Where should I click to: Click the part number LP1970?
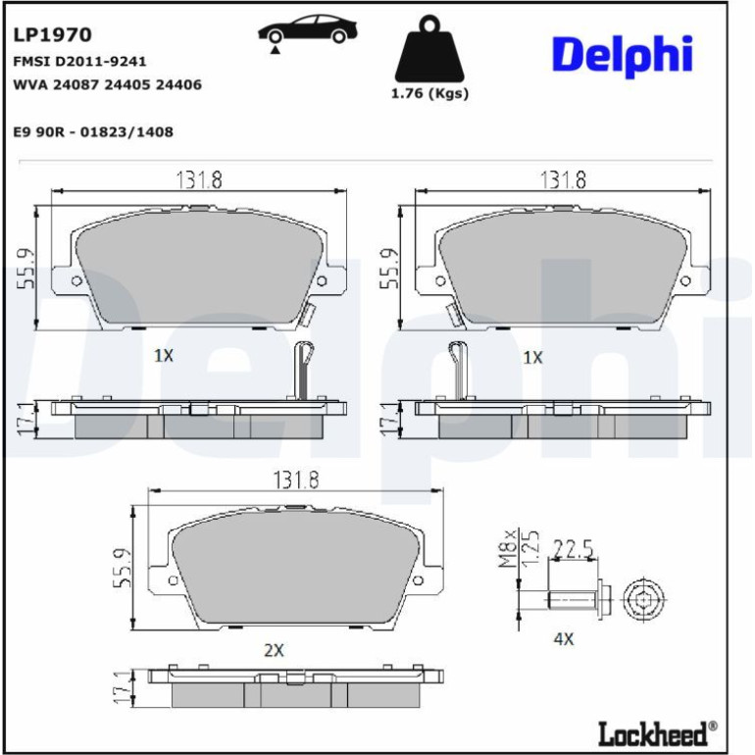coord(52,34)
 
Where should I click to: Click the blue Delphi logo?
coord(622,55)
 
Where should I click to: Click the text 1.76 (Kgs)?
coord(429,93)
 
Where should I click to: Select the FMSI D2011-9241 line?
coord(79,62)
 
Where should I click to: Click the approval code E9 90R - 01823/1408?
coord(93,132)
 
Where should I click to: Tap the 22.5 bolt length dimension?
coord(573,549)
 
